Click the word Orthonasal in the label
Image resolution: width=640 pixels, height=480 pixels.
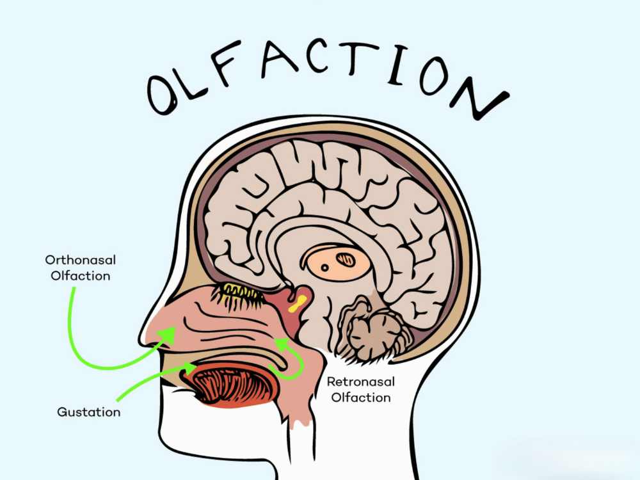pos(77,260)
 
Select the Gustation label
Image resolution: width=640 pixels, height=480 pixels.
pos(88,412)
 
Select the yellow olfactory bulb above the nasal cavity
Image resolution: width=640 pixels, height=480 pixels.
pos(242,292)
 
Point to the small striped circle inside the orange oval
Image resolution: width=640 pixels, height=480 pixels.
pos(346,259)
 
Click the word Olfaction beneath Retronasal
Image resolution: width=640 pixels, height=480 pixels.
pos(361,397)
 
